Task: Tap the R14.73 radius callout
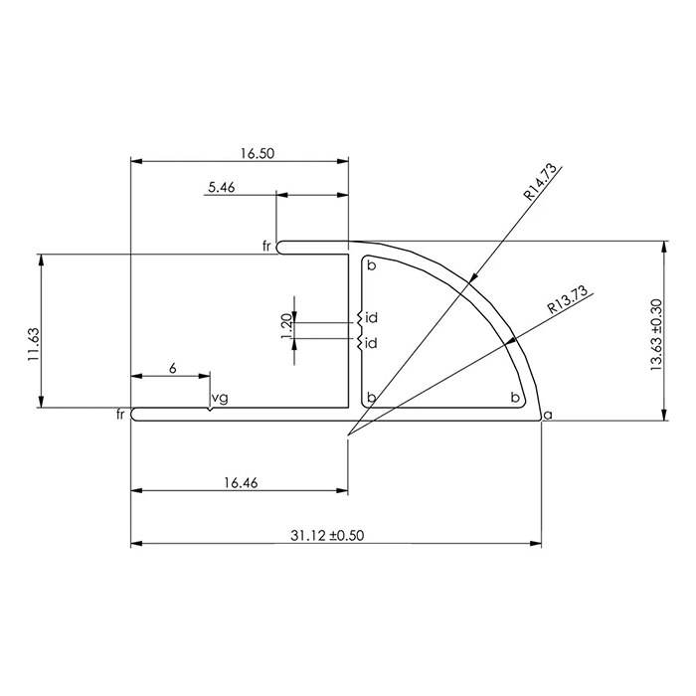543,184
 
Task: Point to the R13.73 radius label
568,301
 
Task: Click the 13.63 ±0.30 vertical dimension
656,338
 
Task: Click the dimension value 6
172,368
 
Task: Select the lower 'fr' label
122,414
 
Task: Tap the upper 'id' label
371,318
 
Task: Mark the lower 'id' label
371,343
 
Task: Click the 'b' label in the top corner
371,266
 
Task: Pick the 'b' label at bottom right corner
515,398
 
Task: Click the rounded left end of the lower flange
135,414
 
